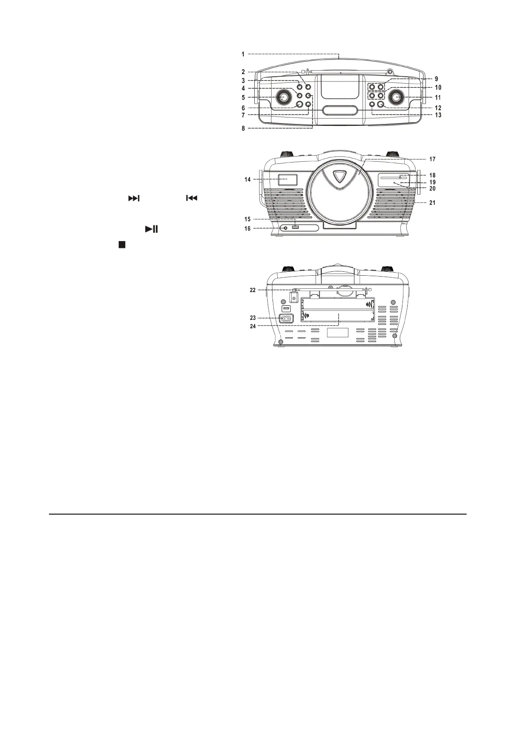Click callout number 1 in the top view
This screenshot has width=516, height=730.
(x=243, y=54)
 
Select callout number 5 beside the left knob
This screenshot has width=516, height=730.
(x=243, y=98)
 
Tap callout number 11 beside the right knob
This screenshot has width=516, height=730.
(x=438, y=98)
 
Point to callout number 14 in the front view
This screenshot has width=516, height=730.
(x=247, y=179)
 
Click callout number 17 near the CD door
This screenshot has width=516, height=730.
(x=432, y=159)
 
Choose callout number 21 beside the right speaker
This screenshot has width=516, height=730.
(x=432, y=202)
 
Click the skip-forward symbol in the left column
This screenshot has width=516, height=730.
(x=134, y=198)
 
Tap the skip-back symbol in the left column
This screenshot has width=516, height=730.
(x=191, y=198)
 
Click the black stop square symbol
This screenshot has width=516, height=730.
(x=122, y=245)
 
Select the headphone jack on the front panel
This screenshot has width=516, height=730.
(x=285, y=228)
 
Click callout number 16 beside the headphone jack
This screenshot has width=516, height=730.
(x=247, y=228)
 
